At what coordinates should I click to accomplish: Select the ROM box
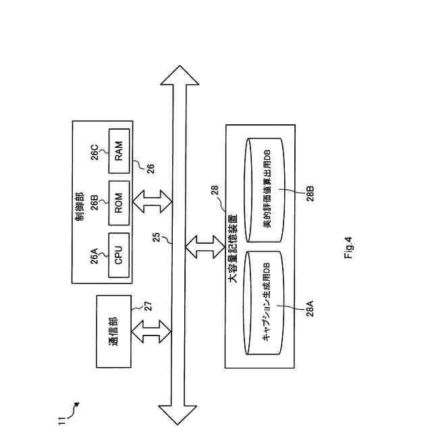click(119, 201)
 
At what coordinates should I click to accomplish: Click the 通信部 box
click(114, 333)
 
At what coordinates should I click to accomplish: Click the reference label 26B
click(95, 202)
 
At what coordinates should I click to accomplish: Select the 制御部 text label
click(80, 200)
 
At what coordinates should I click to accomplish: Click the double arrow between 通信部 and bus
click(149, 333)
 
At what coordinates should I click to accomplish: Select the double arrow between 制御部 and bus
click(154, 200)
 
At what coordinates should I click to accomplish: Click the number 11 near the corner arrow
click(61, 421)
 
